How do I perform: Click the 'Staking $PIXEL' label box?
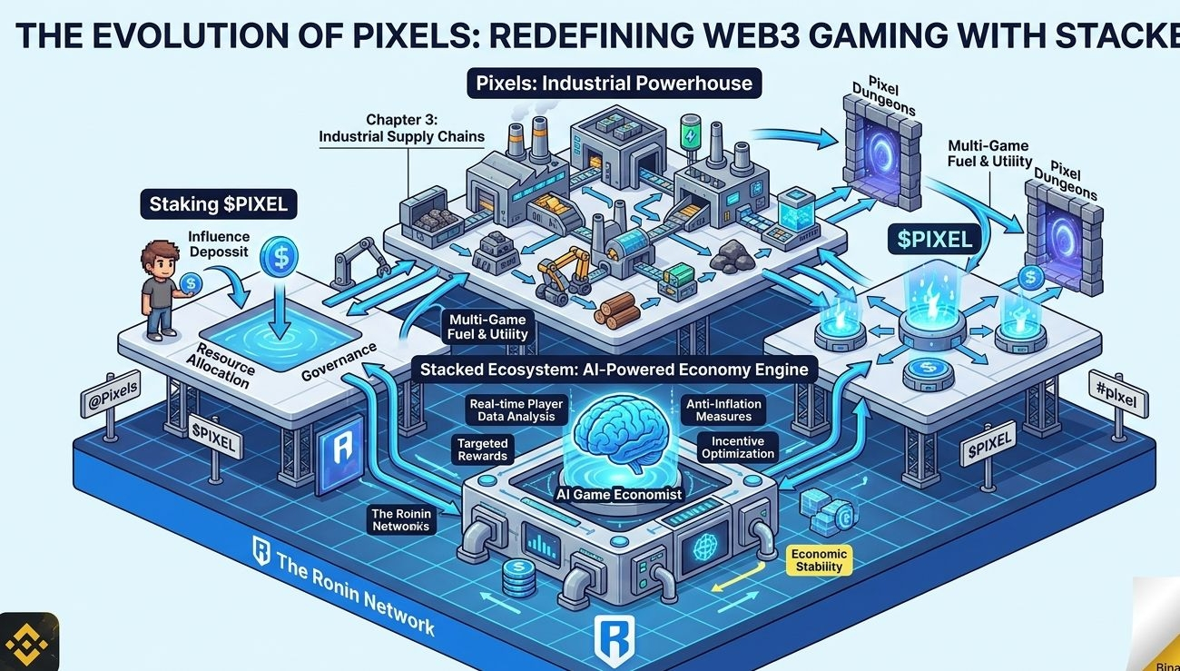pos(218,204)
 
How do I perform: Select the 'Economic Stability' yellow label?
pos(819,560)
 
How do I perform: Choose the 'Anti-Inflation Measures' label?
pos(723,410)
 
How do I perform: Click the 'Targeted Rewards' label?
pos(482,449)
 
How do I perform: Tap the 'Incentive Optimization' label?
pos(737,448)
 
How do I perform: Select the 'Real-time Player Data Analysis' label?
pos(516,410)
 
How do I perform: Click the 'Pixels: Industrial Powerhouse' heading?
pos(615,84)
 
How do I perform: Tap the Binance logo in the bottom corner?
pos(28,642)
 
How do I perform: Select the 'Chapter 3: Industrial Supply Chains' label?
pos(401,128)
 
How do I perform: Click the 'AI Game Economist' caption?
pos(621,494)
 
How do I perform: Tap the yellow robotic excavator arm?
pos(560,273)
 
